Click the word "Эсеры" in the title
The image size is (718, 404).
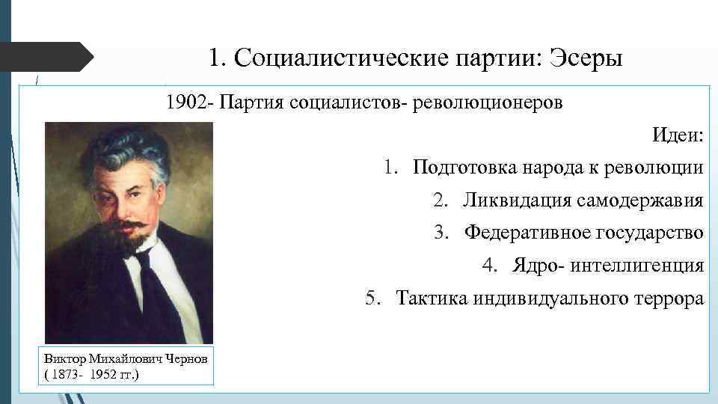coord(586,58)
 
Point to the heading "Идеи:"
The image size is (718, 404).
coord(678,135)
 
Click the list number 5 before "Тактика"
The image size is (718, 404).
coord(372,299)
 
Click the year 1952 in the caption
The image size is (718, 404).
coord(104,373)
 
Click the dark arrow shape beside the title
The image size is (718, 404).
coord(45,58)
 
